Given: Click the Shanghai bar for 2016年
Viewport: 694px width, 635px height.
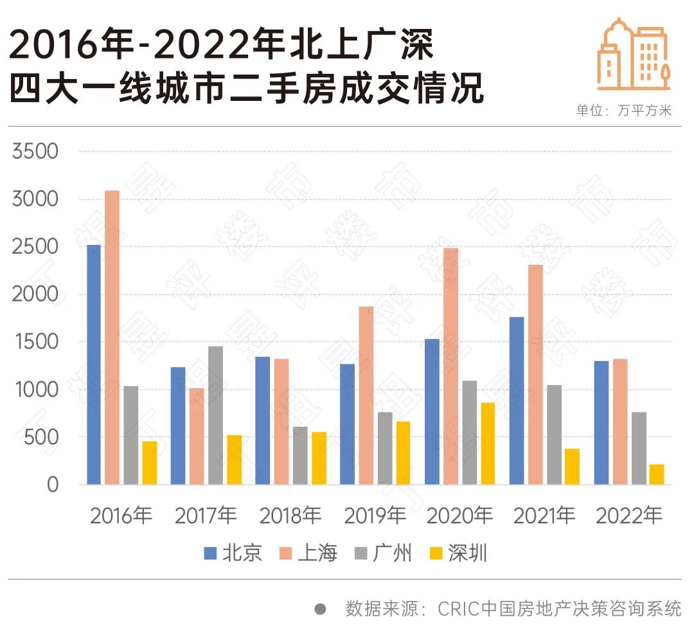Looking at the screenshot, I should [x=112, y=337].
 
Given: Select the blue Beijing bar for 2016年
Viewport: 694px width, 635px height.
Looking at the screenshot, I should [x=94, y=364].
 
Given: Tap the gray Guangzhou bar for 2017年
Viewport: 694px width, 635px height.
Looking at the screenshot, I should [x=216, y=415].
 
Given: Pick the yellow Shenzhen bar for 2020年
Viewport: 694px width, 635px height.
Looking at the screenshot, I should [x=488, y=443].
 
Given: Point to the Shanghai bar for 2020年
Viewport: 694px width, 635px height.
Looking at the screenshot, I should [x=450, y=366].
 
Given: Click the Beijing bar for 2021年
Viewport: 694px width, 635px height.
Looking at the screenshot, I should [x=517, y=400].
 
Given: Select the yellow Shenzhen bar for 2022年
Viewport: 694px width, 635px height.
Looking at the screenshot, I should [x=657, y=474].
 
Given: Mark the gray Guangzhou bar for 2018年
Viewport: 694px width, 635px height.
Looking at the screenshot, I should [x=300, y=455].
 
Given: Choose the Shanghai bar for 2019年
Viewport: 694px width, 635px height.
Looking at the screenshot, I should [x=366, y=395].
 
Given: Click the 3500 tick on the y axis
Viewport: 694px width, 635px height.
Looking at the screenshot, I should [x=35, y=152].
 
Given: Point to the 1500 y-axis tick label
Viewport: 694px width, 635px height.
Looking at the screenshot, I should [x=35, y=342].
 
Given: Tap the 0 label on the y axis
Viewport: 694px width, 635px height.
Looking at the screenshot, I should [x=52, y=485].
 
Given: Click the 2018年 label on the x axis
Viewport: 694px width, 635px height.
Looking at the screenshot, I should [x=290, y=515].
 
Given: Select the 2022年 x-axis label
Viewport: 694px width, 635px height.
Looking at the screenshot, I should [x=629, y=515].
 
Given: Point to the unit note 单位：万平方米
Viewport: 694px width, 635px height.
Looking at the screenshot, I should [x=623, y=111].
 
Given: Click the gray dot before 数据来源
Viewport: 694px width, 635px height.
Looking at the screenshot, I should [x=320, y=608].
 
